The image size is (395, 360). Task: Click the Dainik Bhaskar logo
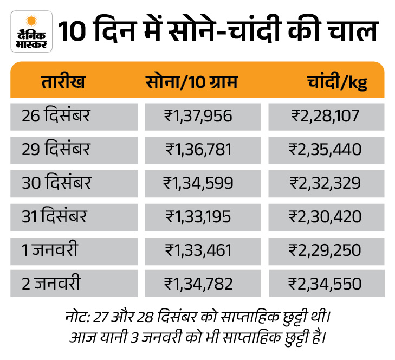31,31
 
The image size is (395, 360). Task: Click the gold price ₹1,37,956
198,115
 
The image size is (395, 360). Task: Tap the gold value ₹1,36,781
198,149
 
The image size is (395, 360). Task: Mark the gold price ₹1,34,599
198,183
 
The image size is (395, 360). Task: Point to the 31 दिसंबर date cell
54,216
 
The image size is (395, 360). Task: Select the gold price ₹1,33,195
198,216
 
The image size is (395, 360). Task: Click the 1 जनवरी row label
50,250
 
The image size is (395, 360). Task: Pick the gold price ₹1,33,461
198,250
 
